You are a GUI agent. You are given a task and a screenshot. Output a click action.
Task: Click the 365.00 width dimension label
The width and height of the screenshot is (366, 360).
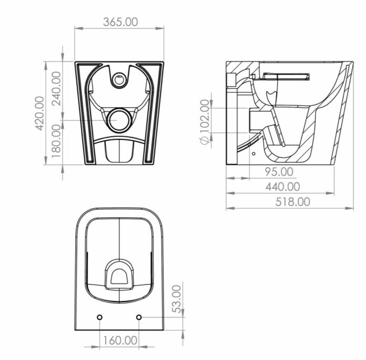[120, 22]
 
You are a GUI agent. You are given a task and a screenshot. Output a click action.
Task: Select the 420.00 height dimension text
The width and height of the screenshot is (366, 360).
[39, 113]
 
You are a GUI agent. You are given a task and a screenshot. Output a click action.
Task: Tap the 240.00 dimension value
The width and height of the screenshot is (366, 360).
[56, 88]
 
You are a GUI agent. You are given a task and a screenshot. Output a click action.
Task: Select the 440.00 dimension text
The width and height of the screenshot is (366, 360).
[282, 186]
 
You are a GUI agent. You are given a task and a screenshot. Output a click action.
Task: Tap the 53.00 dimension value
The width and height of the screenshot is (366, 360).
[178, 298]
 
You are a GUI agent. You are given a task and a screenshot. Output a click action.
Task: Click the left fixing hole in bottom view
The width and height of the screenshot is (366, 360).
[100, 317]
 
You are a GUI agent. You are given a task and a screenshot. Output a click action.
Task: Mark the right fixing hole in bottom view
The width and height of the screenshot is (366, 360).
[139, 317]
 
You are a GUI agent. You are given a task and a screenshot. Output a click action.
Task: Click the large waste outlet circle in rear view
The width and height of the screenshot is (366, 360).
[120, 119]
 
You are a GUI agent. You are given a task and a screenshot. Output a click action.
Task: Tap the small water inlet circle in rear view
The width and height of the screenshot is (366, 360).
[120, 80]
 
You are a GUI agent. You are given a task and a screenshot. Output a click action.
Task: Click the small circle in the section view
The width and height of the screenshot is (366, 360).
[254, 155]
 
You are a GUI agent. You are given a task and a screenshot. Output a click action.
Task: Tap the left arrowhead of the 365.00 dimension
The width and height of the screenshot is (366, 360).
[77, 28]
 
